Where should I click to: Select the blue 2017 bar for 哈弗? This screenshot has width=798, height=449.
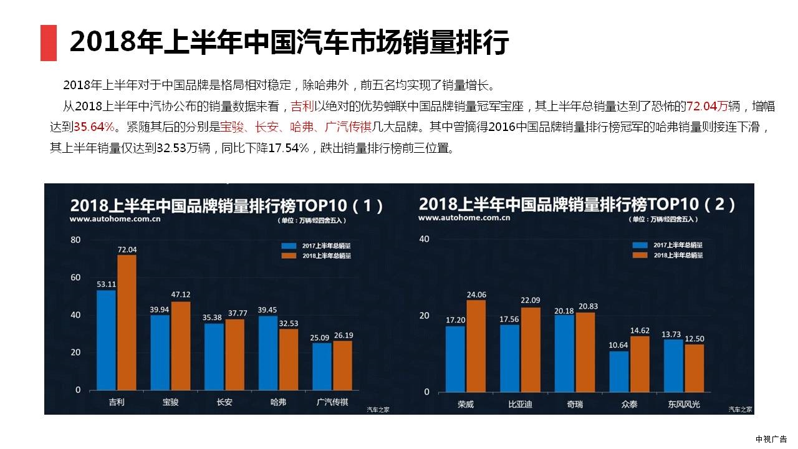tap(268, 353)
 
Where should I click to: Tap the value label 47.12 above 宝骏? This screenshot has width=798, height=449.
tap(181, 294)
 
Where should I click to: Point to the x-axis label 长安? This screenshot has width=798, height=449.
tap(224, 402)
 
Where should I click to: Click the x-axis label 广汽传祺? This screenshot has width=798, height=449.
tap(333, 402)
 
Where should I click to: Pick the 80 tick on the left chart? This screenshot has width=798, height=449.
tap(75, 240)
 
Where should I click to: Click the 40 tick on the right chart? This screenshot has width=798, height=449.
tap(424, 239)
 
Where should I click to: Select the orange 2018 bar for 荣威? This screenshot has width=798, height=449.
tap(476, 346)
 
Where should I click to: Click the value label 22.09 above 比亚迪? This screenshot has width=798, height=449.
tap(531, 301)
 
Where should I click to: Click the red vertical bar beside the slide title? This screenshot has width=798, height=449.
tap(49, 43)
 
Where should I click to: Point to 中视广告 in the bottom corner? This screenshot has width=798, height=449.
tap(771, 439)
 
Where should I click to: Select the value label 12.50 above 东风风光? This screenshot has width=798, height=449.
tap(694, 339)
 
